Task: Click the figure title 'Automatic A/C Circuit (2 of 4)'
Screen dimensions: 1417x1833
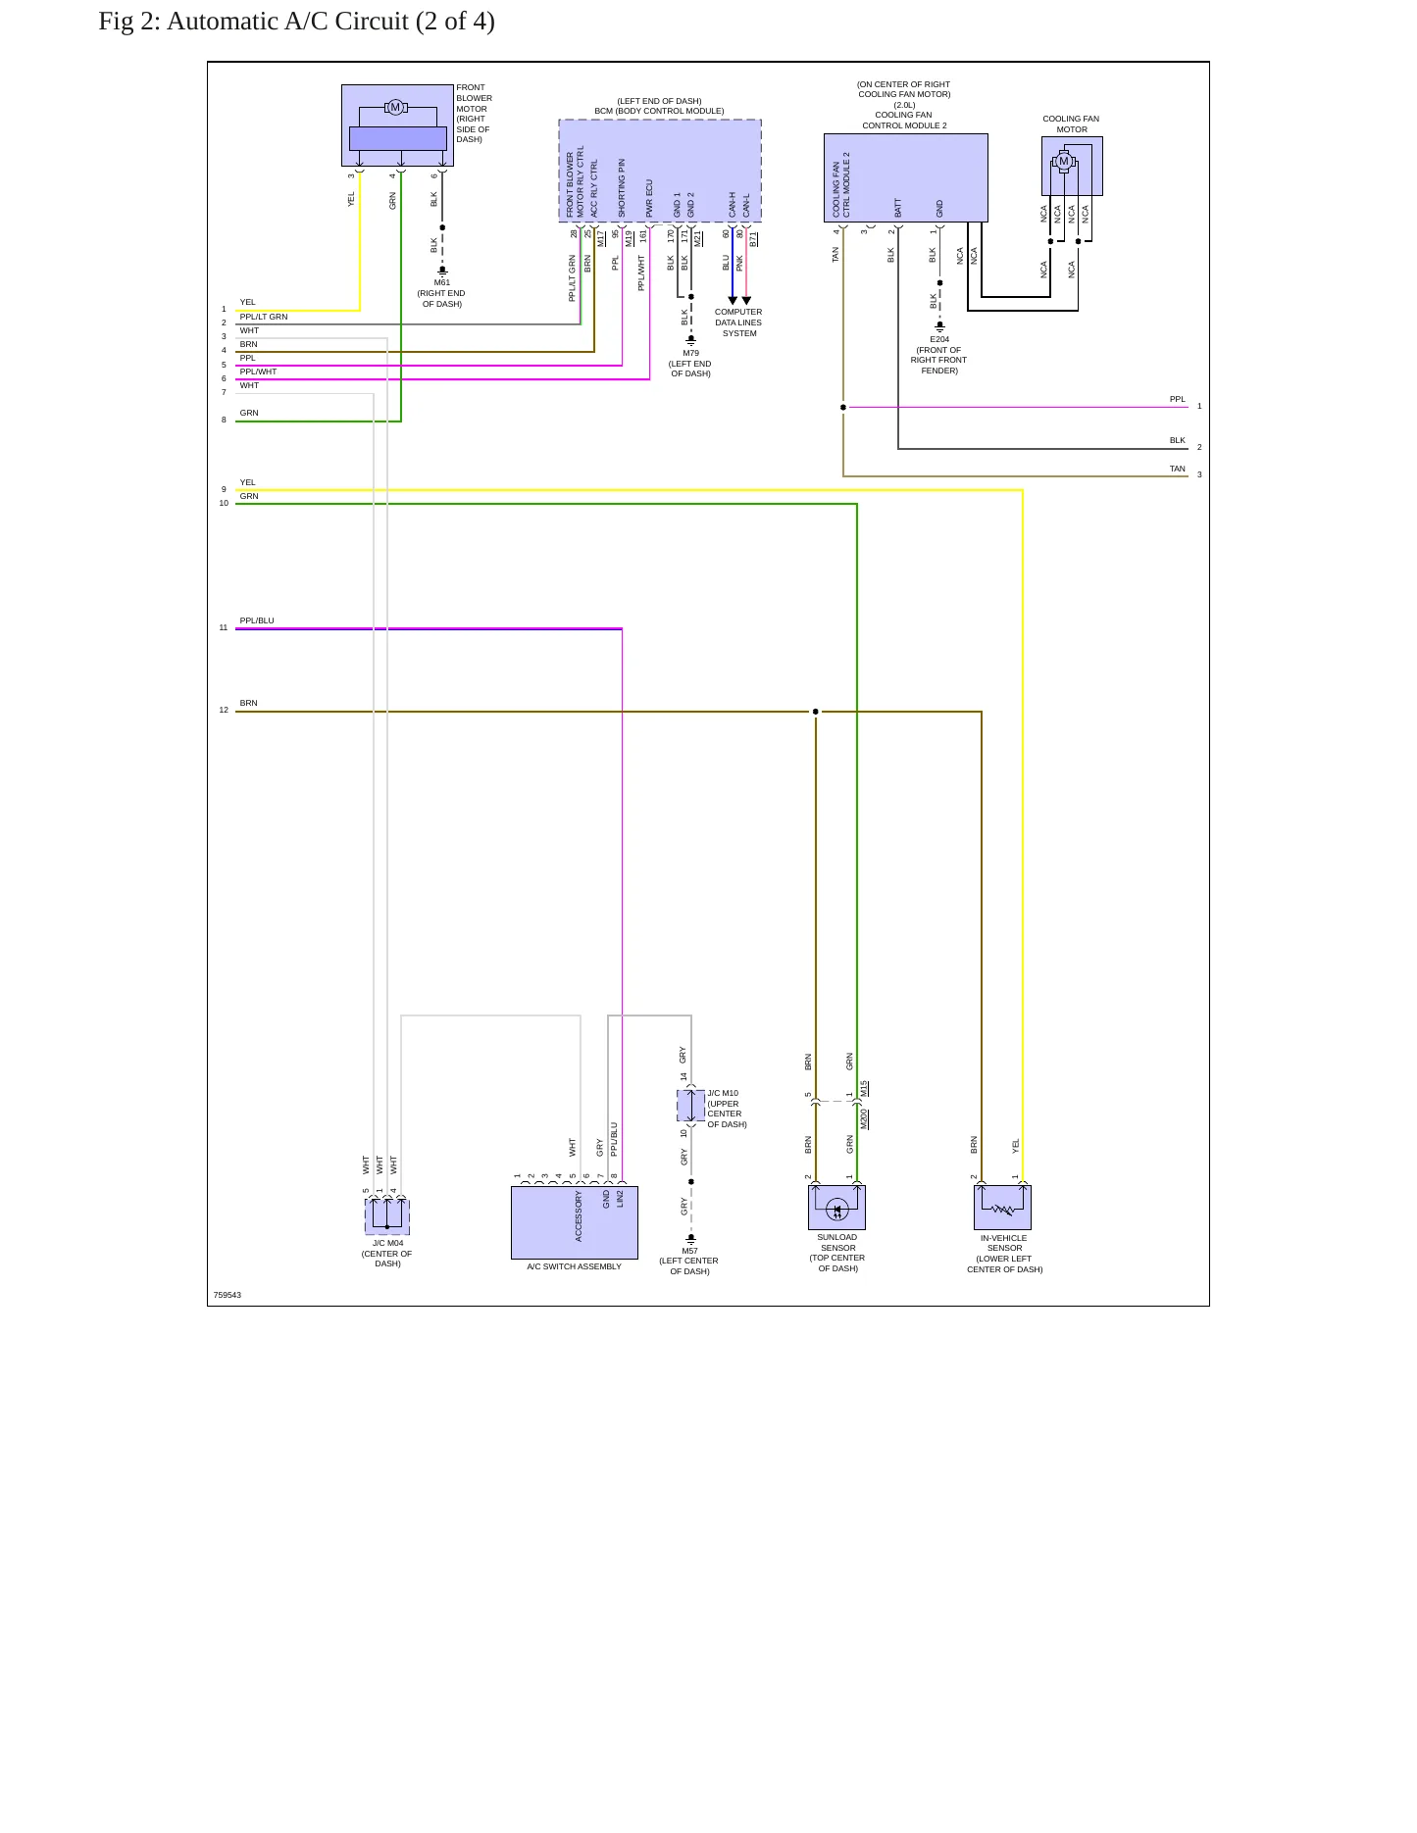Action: pos(330,22)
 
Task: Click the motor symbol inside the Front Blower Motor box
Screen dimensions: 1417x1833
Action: pos(396,107)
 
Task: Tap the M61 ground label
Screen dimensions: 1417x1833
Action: pos(442,282)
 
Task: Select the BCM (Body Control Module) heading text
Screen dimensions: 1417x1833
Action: pos(659,111)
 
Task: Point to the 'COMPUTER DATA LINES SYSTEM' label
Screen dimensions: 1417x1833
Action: pos(738,322)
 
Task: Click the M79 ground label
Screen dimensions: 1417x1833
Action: pos(691,353)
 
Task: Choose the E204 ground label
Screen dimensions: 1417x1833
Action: pos(939,339)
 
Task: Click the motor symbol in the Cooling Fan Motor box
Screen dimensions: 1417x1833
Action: pos(1063,162)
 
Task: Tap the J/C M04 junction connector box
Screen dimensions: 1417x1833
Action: pos(387,1216)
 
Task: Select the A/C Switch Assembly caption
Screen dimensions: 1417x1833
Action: pos(574,1266)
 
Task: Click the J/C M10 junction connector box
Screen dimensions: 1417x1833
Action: pos(691,1106)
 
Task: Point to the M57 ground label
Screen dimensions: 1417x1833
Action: pos(690,1251)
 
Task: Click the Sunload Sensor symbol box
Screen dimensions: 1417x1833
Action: pos(836,1208)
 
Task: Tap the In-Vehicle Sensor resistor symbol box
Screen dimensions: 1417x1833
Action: pos(1002,1208)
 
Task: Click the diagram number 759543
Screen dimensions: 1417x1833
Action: pos(228,1295)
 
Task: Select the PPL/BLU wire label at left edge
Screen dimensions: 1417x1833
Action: pos(257,620)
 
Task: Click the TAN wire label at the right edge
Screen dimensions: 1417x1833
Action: pos(1177,469)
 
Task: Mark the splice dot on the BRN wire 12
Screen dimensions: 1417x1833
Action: pos(815,712)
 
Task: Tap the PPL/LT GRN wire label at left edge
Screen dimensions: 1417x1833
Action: pos(264,317)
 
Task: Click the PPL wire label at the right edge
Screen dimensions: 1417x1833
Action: pos(1178,399)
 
